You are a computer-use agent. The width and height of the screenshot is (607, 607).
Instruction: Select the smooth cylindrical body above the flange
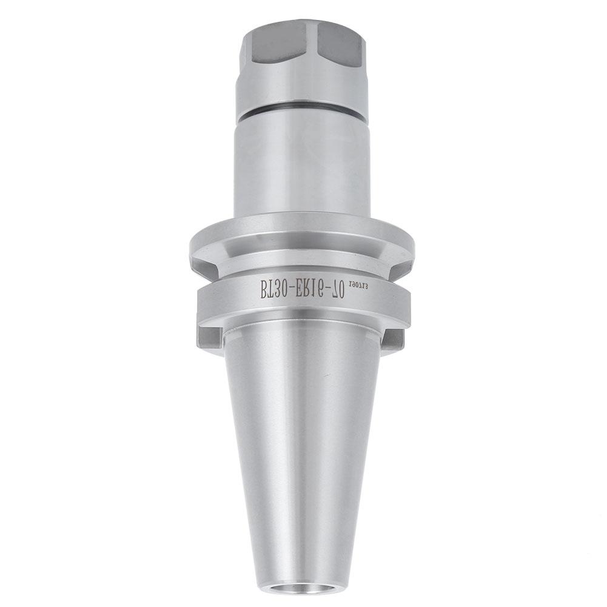click(x=302, y=170)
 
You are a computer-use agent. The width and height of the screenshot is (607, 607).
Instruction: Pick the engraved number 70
click(x=337, y=294)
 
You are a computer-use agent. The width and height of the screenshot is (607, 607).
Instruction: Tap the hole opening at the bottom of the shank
click(x=303, y=587)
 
